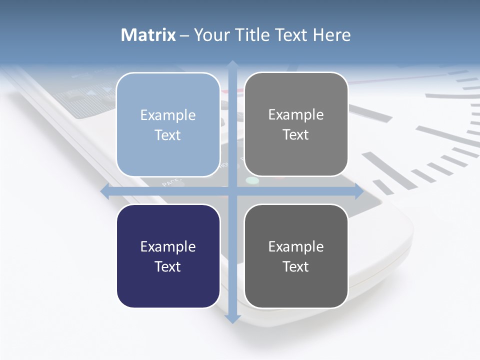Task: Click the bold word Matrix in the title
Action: [148, 35]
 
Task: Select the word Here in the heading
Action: [331, 35]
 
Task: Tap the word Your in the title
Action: [209, 35]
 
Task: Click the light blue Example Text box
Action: [168, 124]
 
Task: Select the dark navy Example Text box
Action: [168, 256]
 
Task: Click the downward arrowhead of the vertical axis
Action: [232, 319]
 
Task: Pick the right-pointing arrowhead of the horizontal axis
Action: [359, 191]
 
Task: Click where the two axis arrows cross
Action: [232, 191]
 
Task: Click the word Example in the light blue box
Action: [168, 115]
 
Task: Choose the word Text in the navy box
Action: [168, 266]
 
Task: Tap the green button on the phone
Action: [252, 180]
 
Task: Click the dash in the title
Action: [184, 35]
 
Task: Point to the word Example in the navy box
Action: [168, 246]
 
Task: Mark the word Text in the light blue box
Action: [168, 135]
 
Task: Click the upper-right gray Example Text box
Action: [296, 124]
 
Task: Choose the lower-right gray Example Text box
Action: [296, 256]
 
